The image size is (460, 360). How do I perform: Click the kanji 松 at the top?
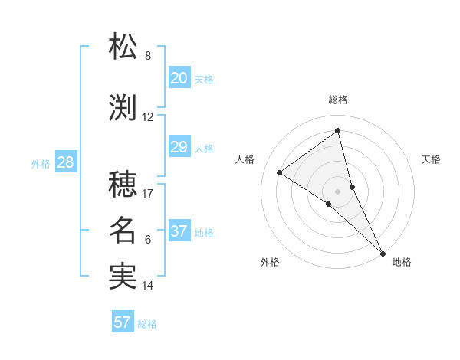[123, 47]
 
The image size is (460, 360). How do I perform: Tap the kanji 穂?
[123, 185]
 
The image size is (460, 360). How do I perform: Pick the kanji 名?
[123, 231]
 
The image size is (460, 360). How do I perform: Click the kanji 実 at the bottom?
[123, 277]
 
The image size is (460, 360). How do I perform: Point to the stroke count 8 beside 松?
[148, 56]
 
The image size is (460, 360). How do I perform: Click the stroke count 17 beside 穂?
[148, 194]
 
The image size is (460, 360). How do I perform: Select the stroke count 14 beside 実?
[148, 286]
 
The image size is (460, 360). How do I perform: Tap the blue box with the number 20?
[179, 77]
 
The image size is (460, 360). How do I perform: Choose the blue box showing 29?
[179, 146]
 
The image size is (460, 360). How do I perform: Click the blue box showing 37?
[179, 231]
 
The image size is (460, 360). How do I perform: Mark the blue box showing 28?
[65, 162]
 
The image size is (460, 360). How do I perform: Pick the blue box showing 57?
[123, 322]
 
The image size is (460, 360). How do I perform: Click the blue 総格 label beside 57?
[147, 324]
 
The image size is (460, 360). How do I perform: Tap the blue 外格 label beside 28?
[40, 163]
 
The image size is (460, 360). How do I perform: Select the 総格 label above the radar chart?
[338, 100]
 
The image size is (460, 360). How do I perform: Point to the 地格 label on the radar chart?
[401, 262]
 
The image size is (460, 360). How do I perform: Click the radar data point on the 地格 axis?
[383, 253]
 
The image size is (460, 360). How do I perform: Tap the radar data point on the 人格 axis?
[280, 172]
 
